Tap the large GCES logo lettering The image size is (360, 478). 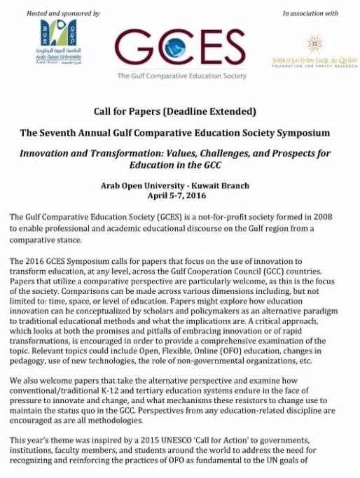(x=180, y=47)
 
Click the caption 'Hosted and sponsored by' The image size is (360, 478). (x=63, y=13)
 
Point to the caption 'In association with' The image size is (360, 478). (x=311, y=13)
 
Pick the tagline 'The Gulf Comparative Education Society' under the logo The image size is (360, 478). (x=180, y=76)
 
